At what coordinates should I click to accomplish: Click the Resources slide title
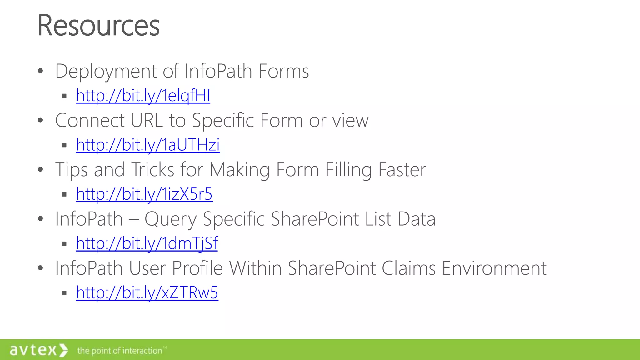pyautogui.click(x=98, y=26)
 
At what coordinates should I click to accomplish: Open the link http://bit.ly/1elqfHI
pyautogui.click(x=143, y=96)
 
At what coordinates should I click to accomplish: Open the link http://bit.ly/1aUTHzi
pyautogui.click(x=147, y=145)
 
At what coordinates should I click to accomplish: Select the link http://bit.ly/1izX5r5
pyautogui.click(x=144, y=194)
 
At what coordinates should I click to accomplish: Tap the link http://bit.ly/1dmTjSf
pyautogui.click(x=147, y=243)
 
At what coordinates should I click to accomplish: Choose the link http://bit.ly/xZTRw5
pyautogui.click(x=147, y=293)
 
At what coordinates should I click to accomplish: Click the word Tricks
pyautogui.click(x=152, y=170)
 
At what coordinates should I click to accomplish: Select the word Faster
pyautogui.click(x=402, y=170)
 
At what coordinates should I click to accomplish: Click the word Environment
pyautogui.click(x=494, y=268)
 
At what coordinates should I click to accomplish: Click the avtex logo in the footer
pyautogui.click(x=38, y=350)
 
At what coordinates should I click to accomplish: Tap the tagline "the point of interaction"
pyautogui.click(x=120, y=351)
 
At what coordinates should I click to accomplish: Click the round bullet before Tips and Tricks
pyautogui.click(x=40, y=170)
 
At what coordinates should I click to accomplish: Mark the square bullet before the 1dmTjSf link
pyautogui.click(x=64, y=244)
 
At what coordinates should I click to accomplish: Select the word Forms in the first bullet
pyautogui.click(x=283, y=71)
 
